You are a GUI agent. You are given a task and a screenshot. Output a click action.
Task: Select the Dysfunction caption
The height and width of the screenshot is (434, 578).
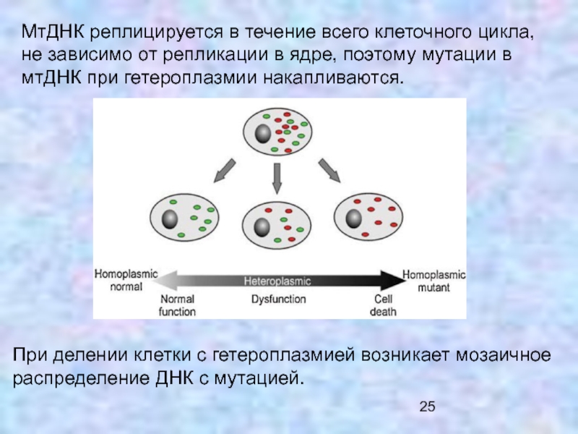coord(278,299)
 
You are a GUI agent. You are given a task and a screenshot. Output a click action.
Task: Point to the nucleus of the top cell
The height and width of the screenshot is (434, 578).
coord(262,134)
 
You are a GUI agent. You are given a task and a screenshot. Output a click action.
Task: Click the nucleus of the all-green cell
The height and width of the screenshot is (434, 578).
coord(171,220)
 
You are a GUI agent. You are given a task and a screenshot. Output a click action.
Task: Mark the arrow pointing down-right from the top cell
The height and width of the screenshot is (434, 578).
coord(330,169)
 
